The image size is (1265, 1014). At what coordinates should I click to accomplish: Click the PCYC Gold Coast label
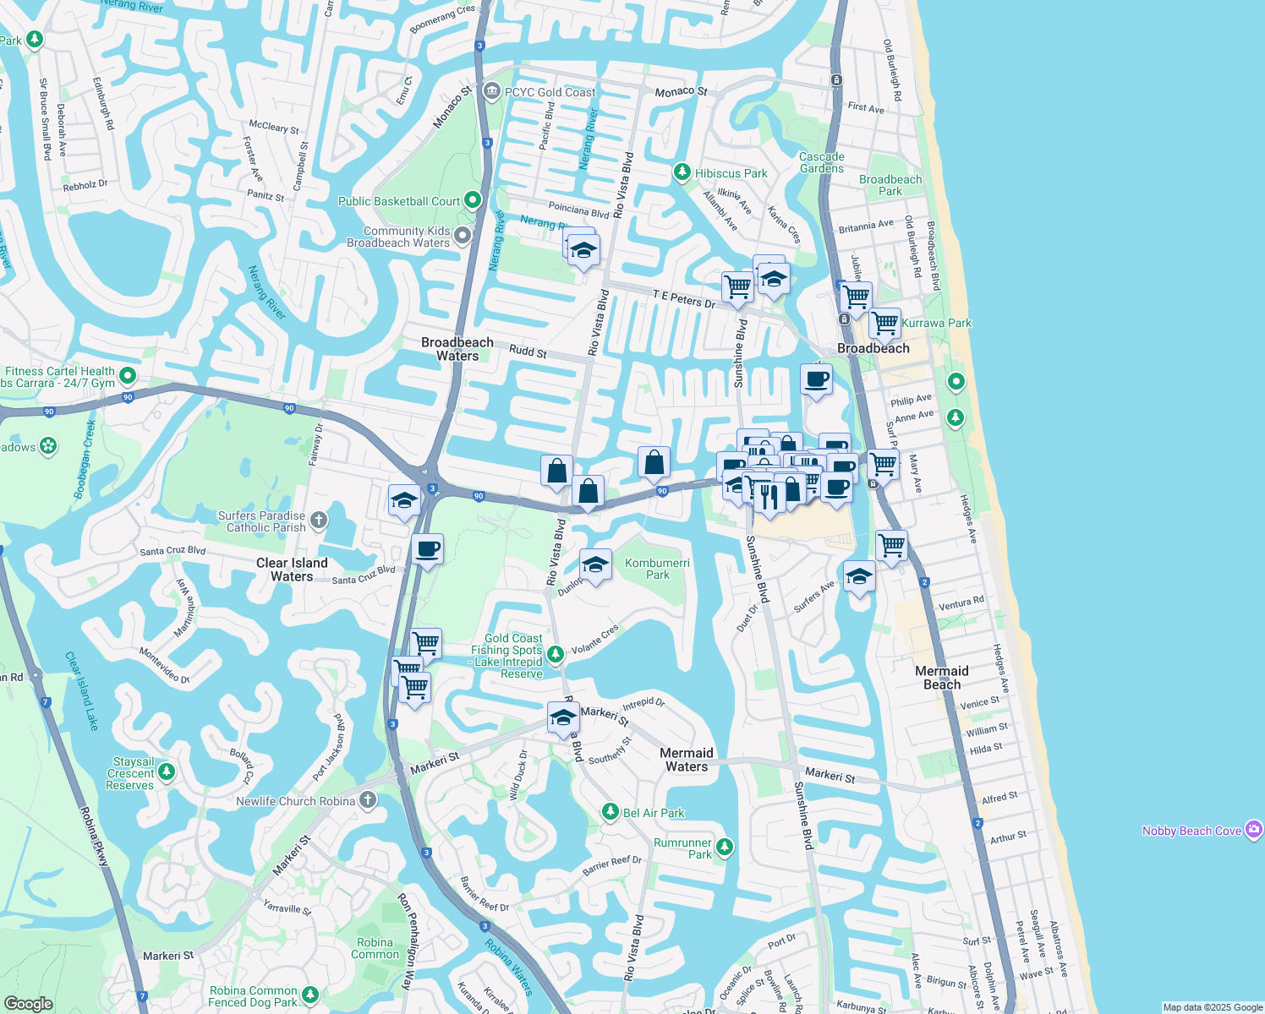(x=550, y=92)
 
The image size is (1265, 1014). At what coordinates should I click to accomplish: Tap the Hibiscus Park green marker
(x=682, y=172)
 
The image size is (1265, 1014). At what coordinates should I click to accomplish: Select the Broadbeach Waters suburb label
(x=457, y=349)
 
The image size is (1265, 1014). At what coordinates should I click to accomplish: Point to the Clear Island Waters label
(x=292, y=570)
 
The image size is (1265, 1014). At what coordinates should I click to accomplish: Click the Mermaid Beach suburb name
(x=942, y=678)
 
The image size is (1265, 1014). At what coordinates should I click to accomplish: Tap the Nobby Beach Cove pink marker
(x=1254, y=830)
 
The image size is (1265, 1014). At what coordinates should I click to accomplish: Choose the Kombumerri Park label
(x=657, y=569)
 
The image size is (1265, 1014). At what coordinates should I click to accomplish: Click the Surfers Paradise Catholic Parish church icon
(x=319, y=521)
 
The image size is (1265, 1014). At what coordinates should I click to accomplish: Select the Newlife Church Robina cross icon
(x=368, y=800)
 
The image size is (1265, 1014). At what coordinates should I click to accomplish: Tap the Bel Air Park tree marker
(x=611, y=812)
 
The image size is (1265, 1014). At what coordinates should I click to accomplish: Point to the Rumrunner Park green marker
(x=724, y=847)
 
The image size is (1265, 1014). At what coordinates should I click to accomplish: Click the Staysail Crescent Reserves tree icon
(x=167, y=771)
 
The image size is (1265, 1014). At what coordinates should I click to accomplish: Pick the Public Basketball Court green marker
(x=473, y=200)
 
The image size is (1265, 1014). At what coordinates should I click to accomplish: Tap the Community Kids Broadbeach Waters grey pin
(x=463, y=236)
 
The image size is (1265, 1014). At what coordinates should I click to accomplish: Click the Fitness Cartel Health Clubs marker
(x=128, y=374)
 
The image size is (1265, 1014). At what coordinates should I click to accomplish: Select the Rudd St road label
(x=528, y=351)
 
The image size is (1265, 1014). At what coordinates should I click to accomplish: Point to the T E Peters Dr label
(x=683, y=298)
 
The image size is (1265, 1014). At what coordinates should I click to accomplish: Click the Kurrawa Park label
(x=936, y=323)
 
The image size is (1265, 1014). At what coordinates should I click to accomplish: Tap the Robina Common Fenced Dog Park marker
(x=310, y=995)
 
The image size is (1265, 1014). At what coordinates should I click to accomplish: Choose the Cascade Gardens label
(x=821, y=162)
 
